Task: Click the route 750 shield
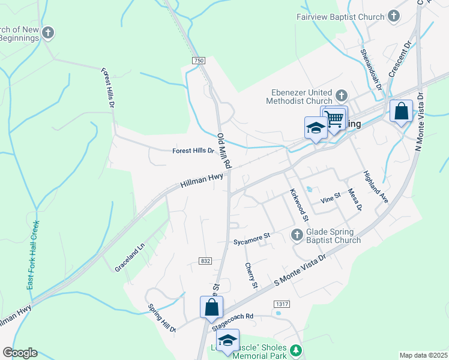(199, 61)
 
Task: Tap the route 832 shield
(205, 260)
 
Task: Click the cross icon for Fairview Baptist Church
(394, 16)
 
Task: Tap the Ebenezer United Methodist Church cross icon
(342, 95)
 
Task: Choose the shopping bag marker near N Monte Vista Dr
(401, 111)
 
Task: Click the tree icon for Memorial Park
(295, 350)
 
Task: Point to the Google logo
(20, 353)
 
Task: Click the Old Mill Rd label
(224, 151)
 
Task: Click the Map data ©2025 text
(423, 355)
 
